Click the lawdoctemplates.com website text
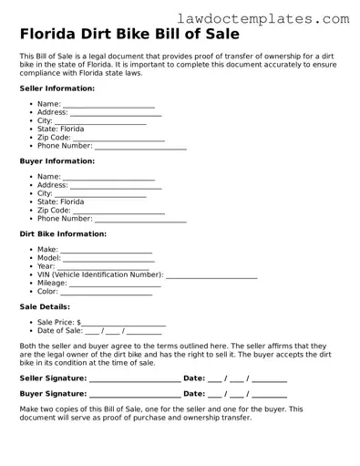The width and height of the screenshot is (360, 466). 276,17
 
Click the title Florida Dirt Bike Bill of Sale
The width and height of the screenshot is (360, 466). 129,35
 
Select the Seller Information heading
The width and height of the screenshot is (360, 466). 57,88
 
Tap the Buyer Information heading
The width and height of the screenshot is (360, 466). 57,161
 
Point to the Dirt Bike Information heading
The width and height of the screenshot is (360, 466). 63,233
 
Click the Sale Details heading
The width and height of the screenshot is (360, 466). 46,307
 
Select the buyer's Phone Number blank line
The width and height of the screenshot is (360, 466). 140,220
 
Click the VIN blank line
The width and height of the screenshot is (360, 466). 211,274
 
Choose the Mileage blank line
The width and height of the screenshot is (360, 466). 116,285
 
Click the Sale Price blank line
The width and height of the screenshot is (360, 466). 124,324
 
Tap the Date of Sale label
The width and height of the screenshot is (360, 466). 59,331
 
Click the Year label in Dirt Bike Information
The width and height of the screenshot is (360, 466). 46,266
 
